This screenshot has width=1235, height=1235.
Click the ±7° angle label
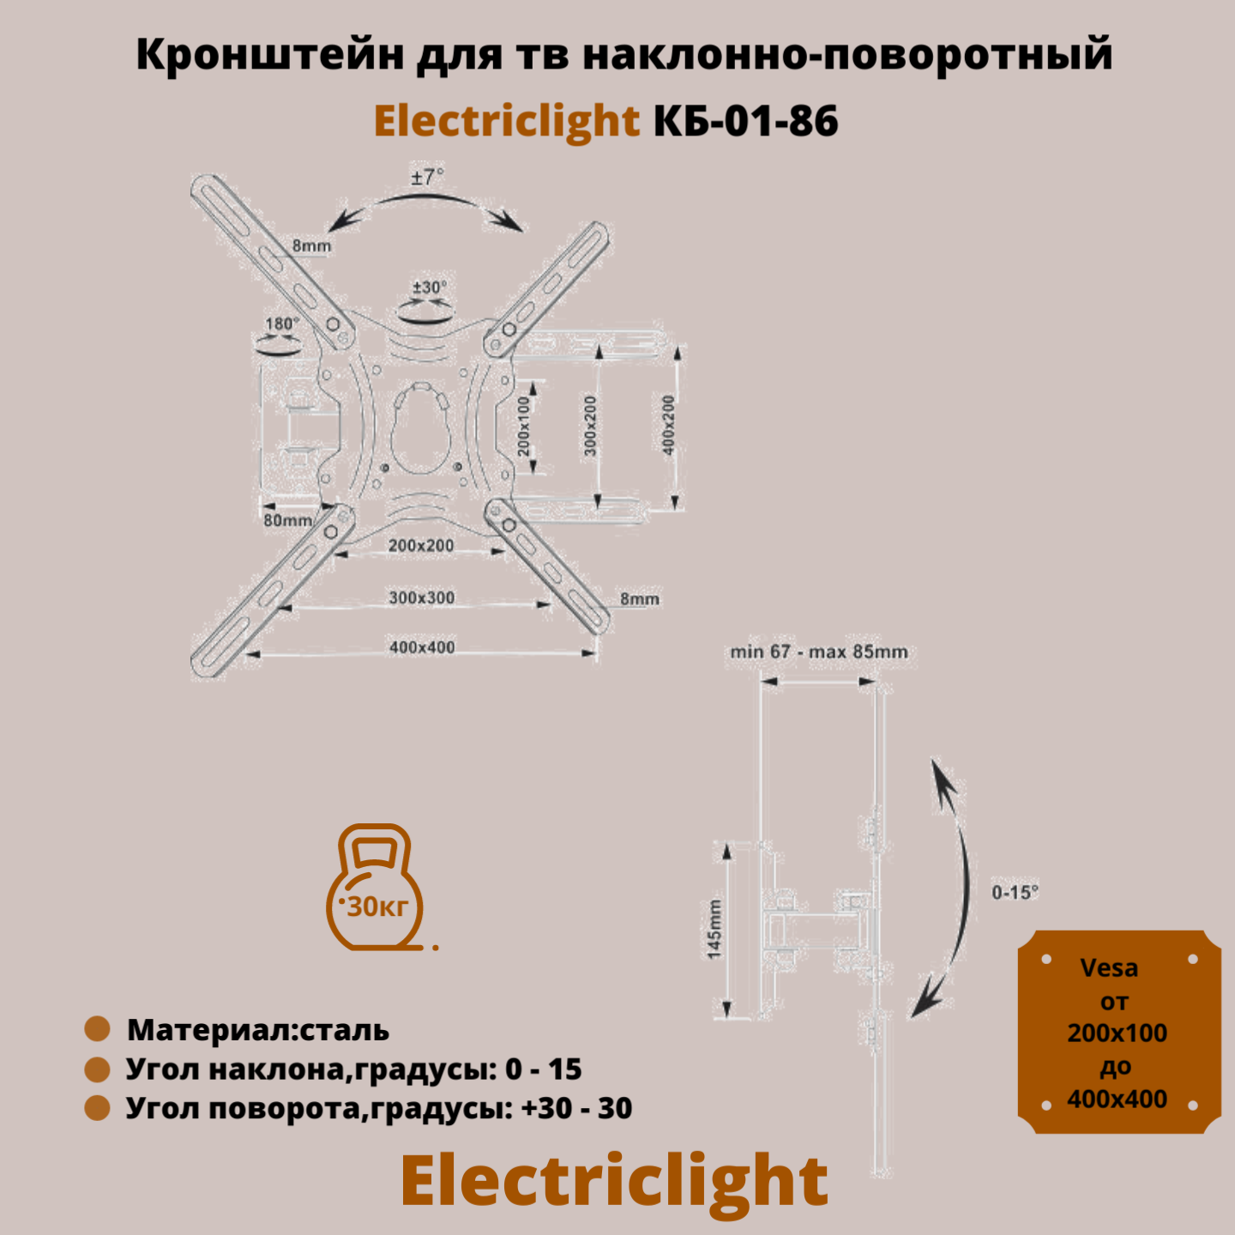(427, 177)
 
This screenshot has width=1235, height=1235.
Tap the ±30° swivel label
(430, 287)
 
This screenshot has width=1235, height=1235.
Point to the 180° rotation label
(282, 324)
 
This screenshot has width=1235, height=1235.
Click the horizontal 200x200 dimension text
(421, 545)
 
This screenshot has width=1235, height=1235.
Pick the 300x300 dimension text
(422, 598)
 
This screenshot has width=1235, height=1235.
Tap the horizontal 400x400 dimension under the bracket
(422, 648)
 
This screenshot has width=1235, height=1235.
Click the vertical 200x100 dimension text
(524, 425)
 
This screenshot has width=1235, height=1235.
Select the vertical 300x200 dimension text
(590, 425)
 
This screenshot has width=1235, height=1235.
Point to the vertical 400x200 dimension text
(669, 425)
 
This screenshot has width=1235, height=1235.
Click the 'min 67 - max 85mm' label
(819, 652)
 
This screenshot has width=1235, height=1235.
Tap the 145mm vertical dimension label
(714, 929)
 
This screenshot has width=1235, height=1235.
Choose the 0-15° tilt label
(1015, 893)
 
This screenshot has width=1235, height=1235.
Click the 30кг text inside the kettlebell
(377, 907)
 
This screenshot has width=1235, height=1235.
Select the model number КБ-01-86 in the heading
(746, 121)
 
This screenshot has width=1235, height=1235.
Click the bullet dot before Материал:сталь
(97, 1029)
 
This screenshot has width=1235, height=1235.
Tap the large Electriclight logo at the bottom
(614, 1182)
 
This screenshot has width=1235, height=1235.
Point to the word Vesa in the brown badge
(1109, 968)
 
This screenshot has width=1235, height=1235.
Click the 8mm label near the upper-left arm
(311, 246)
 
